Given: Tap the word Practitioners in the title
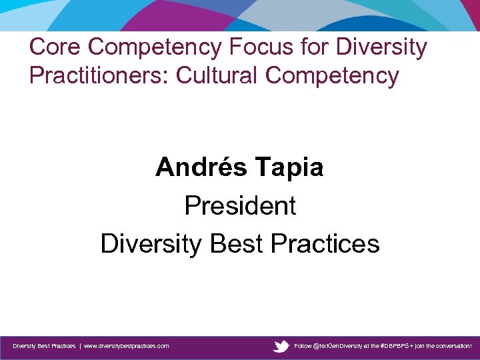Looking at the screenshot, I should coord(99,75).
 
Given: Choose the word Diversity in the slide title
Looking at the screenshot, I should coord(382,47).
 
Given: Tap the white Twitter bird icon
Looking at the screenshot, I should coord(281,346).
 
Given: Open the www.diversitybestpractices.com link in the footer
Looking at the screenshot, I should coord(126,346).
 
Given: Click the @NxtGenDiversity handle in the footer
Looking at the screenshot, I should coord(337,346).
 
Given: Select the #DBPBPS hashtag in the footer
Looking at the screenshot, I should coord(393,346).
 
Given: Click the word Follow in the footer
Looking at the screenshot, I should coord(303,346).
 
